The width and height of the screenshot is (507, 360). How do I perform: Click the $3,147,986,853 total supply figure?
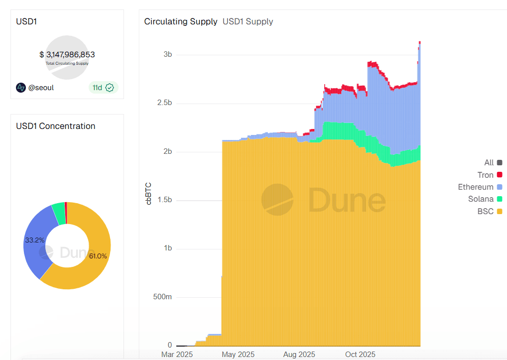point(67,55)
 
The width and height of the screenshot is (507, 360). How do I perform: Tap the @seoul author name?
point(41,88)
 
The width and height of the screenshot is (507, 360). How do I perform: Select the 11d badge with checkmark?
point(103,88)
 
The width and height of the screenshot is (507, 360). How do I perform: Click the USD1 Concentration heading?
point(55,126)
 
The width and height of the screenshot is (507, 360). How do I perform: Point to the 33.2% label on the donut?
point(34,240)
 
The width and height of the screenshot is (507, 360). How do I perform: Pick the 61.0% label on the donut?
point(98,256)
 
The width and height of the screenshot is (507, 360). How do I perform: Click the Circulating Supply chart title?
point(180,21)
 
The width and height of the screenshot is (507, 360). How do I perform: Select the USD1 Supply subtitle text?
point(248,21)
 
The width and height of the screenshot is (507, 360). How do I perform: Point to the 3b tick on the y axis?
point(167,55)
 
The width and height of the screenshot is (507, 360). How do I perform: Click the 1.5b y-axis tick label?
point(164,200)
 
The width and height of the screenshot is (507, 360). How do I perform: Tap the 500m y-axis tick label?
point(162,297)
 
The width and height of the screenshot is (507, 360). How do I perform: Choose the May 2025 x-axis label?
point(238,355)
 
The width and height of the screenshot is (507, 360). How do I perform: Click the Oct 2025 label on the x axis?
point(360,355)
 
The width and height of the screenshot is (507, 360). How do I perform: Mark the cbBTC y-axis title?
point(148,194)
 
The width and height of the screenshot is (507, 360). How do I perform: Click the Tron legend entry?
point(486,175)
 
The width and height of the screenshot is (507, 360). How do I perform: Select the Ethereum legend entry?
point(476,187)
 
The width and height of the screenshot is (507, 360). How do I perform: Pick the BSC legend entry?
point(486,212)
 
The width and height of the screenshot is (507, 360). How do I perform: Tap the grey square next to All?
point(500,163)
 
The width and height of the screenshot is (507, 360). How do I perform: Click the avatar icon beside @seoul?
point(21,88)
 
